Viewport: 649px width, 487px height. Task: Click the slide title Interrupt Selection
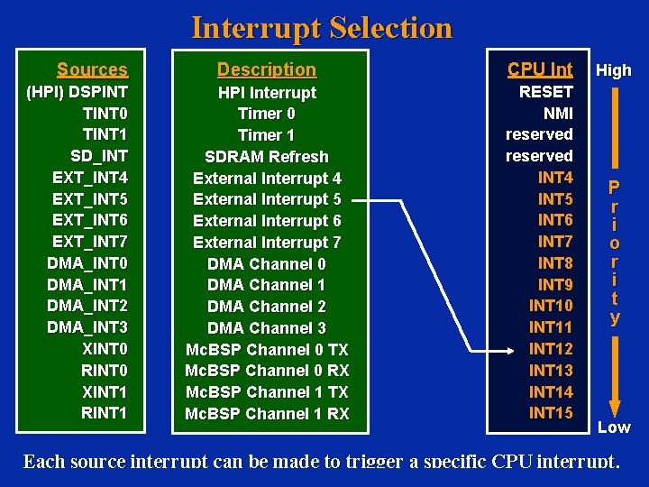coord(322,28)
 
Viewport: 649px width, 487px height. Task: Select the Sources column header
coord(92,69)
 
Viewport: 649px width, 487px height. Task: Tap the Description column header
coord(267,69)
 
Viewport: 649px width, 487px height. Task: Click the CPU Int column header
coord(540,69)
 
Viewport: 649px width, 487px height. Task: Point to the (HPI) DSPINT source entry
coord(78,92)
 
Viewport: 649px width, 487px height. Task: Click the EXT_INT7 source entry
coord(90,242)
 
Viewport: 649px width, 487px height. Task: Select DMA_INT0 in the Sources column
coord(87,263)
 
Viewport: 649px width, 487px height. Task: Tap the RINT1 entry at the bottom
coord(105,413)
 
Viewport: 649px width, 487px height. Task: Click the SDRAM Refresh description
coord(267,156)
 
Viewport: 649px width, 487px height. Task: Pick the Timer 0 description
coord(267,114)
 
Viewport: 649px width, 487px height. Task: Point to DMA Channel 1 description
coord(267,285)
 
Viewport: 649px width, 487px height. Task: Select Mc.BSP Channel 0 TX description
coord(267,349)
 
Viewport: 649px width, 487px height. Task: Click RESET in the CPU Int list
coord(546,91)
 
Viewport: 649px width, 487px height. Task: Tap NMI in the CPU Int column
coord(558,113)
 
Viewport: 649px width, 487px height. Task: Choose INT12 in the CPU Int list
coord(551,349)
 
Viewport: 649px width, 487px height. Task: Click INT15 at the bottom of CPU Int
coord(551,413)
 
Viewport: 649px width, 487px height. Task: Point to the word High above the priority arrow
coord(614,70)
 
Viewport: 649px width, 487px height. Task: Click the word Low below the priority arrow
coord(614,427)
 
